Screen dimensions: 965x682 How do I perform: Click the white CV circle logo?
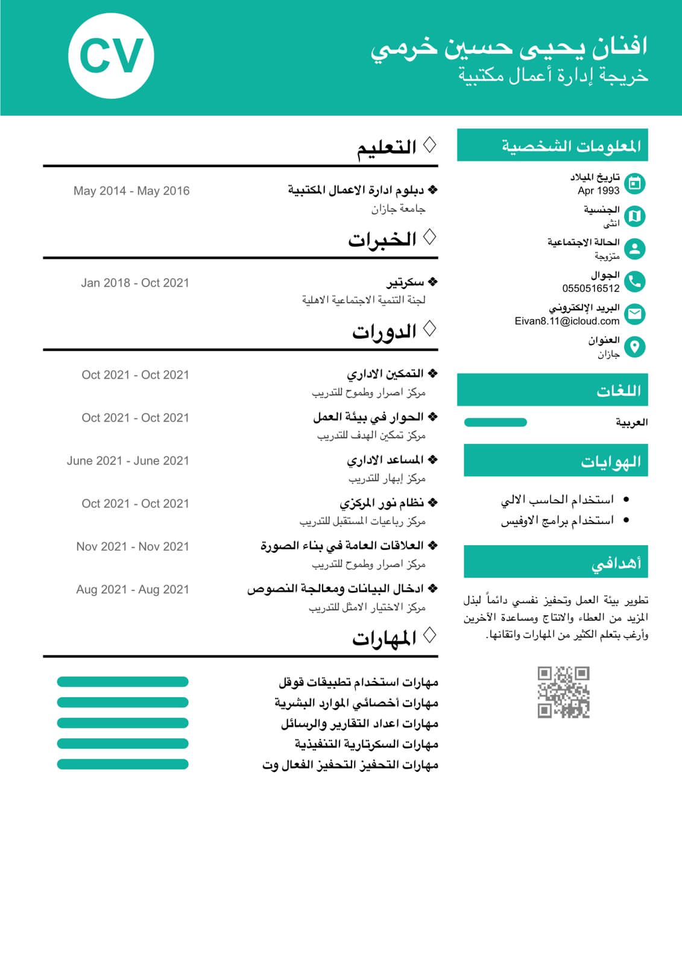tap(111, 56)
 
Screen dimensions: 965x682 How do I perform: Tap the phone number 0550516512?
tap(590, 288)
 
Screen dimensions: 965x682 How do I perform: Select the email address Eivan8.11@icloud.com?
tap(567, 321)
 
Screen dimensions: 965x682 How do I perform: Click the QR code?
tap(563, 692)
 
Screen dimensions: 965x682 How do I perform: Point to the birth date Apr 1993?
tap(598, 191)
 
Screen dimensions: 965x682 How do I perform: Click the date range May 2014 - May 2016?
tap(131, 191)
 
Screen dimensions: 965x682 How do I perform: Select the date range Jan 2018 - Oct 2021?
tap(135, 283)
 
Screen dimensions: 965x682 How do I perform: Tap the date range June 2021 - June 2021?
tap(128, 461)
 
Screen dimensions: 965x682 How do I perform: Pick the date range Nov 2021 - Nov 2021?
tap(133, 546)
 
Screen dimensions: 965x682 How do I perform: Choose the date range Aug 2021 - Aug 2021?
tap(133, 589)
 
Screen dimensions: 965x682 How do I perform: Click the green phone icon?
tap(634, 281)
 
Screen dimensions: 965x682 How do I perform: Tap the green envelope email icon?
tap(634, 314)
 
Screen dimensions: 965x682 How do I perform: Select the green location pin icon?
tap(634, 346)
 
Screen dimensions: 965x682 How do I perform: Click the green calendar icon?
tap(634, 183)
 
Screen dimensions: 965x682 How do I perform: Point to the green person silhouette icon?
tap(634, 248)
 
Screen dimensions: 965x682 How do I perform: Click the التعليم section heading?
tap(387, 147)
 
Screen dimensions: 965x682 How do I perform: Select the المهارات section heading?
tap(384, 638)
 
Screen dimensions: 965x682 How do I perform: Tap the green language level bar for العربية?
tap(496, 422)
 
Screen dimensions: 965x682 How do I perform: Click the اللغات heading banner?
tap(552, 390)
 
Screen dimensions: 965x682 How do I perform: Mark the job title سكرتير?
tap(405, 282)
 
